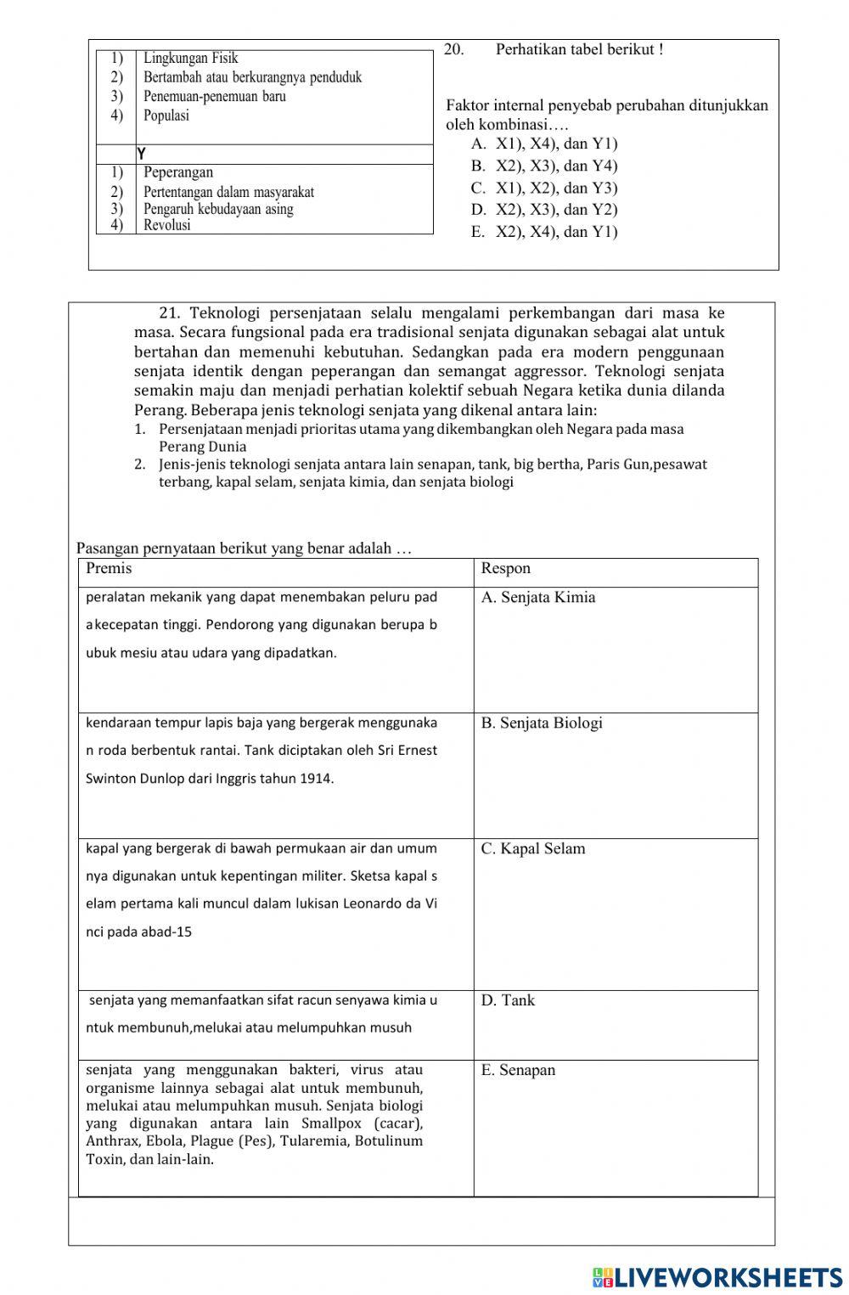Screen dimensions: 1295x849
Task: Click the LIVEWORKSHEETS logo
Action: click(x=717, y=1277)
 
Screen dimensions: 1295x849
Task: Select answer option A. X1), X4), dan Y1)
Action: click(x=544, y=144)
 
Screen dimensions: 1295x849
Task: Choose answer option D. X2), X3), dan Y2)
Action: click(x=544, y=210)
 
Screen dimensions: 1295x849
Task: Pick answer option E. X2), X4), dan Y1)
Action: click(x=544, y=232)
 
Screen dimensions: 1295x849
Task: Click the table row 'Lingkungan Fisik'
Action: click(x=190, y=59)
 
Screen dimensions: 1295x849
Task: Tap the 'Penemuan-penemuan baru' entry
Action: click(x=214, y=97)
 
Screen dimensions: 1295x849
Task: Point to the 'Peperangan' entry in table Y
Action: click(x=178, y=172)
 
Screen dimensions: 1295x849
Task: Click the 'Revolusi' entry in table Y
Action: click(x=166, y=225)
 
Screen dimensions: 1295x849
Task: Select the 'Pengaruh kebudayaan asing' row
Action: click(x=218, y=209)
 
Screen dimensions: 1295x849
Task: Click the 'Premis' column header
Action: click(x=109, y=568)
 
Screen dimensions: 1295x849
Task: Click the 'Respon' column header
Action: click(x=505, y=568)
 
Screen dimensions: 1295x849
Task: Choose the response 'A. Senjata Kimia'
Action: click(x=537, y=597)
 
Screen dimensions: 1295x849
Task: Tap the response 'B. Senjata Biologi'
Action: click(x=541, y=723)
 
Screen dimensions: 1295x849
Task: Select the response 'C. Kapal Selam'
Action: click(x=532, y=848)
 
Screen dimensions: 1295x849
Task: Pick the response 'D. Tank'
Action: click(x=508, y=1000)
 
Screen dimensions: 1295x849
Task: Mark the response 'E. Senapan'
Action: click(x=518, y=1070)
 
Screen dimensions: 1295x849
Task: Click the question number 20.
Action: click(x=453, y=49)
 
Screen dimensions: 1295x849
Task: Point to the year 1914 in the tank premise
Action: click(x=315, y=779)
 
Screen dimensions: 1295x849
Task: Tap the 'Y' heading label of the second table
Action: click(x=142, y=154)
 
